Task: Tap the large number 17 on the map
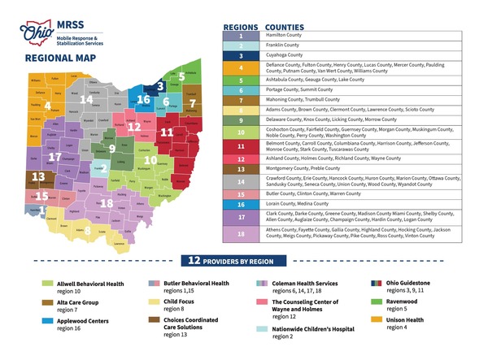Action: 54,157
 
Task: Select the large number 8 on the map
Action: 88,231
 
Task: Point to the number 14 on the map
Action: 85,99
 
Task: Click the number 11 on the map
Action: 166,132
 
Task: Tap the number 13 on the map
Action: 38,176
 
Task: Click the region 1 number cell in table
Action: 242,37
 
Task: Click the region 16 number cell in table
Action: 242,204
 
